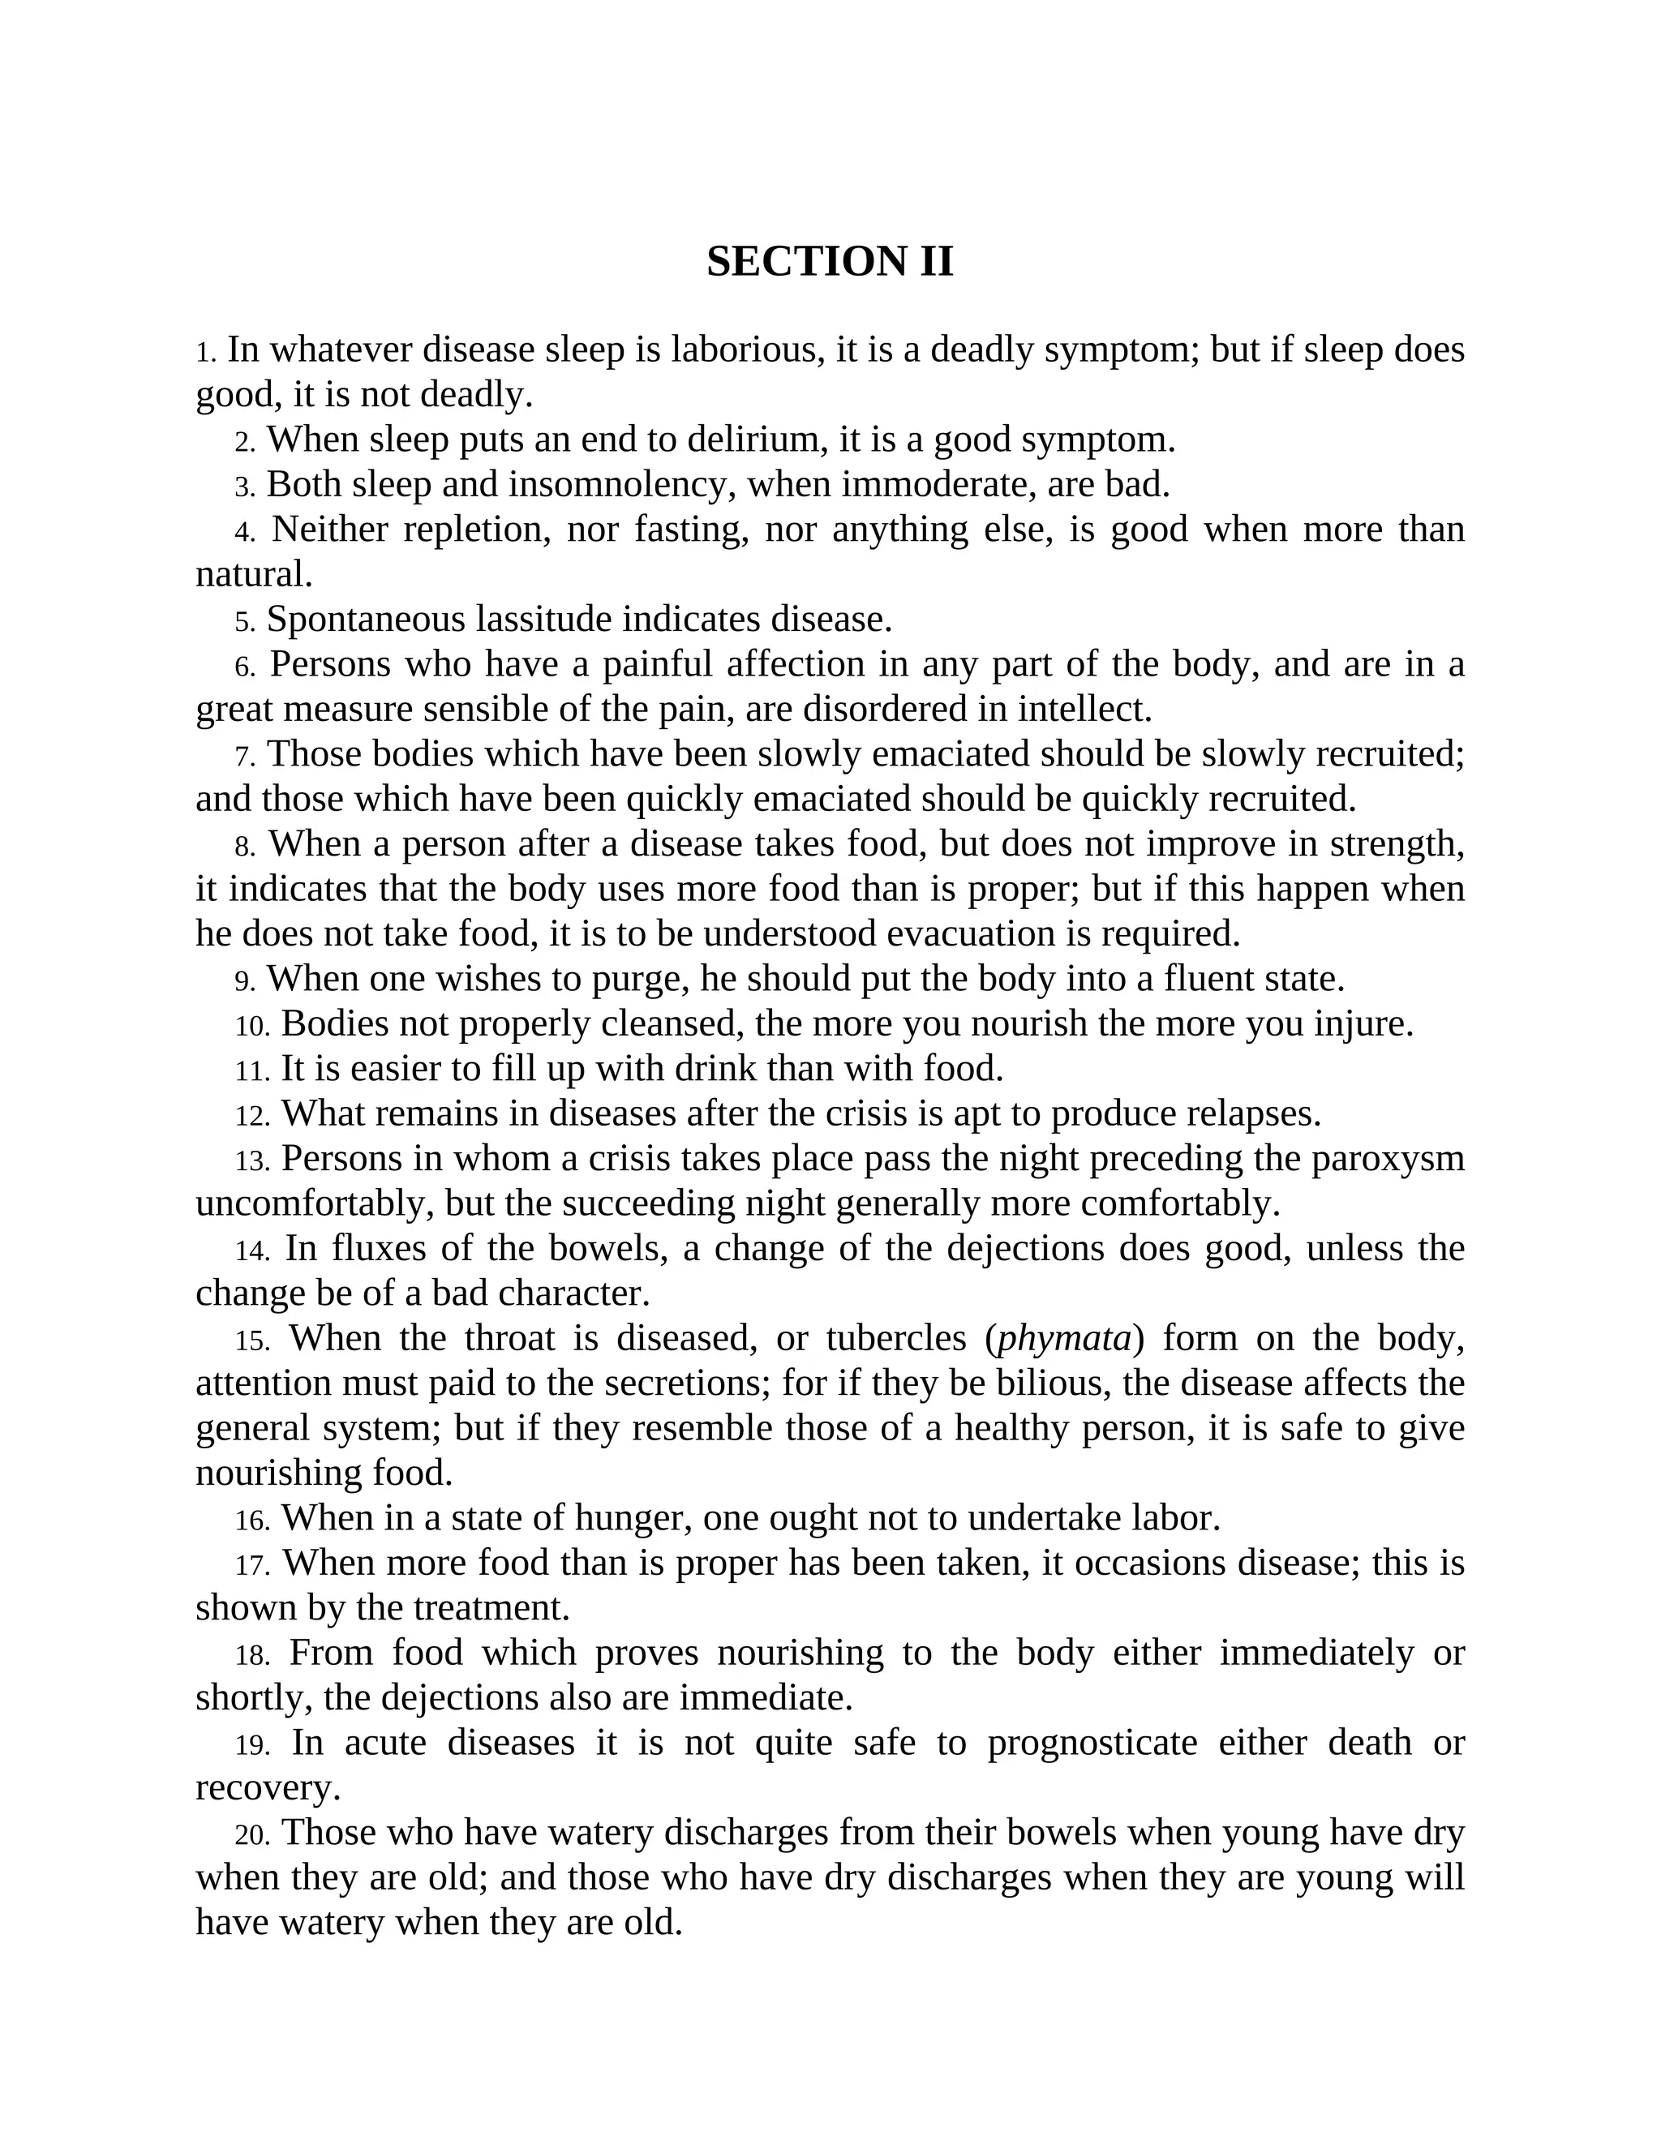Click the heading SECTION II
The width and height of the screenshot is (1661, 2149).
pos(830,262)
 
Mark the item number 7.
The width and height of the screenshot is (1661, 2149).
pos(244,757)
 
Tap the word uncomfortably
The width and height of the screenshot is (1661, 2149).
pos(314,1203)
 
